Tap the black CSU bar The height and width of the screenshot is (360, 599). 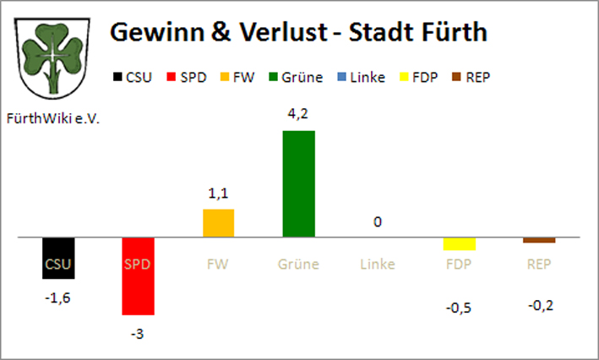[x=58, y=258]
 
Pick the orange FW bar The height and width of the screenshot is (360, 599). [x=218, y=223]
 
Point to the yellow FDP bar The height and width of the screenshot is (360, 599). [x=460, y=244]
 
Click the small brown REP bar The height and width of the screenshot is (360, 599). [x=539, y=241]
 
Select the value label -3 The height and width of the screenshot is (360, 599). [x=138, y=333]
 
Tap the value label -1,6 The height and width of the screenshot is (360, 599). [x=58, y=297]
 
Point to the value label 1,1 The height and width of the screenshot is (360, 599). [x=218, y=194]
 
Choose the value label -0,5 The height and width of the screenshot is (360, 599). [x=460, y=307]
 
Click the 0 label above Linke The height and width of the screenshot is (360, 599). [x=378, y=222]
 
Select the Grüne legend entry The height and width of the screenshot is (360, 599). [x=295, y=77]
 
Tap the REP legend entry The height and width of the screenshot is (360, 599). [x=471, y=77]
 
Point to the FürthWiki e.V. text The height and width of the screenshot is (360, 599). [x=52, y=120]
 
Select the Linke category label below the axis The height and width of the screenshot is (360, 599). [x=378, y=265]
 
